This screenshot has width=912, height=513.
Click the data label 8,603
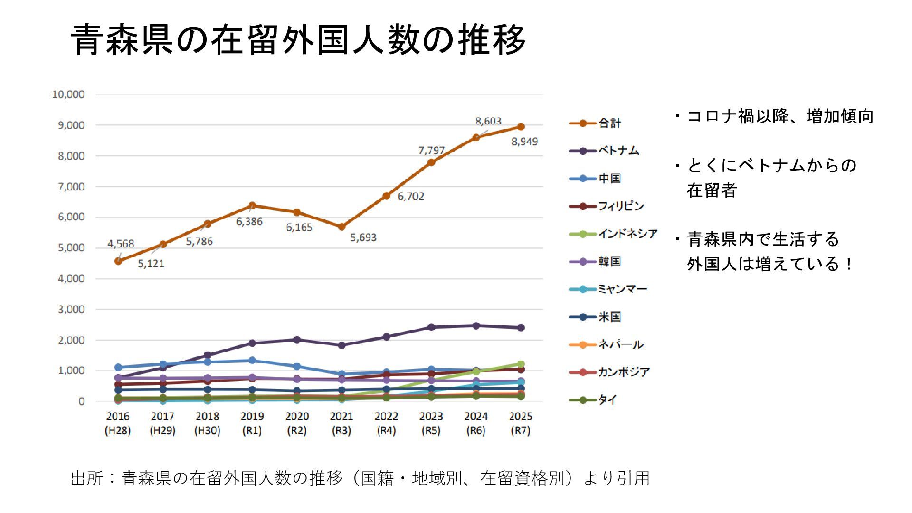pos(488,121)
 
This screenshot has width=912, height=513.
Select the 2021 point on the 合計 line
pos(342,227)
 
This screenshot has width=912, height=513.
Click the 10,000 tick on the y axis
pos(68,95)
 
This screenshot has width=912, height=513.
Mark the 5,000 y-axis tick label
pos(71,248)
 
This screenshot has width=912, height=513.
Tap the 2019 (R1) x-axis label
pos(252,423)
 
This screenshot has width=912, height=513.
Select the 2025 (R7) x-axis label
pos(521,423)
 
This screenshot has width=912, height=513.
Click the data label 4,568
pos(121,244)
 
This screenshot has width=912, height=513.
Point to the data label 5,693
pos(363,237)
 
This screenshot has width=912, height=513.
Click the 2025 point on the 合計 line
pos(521,127)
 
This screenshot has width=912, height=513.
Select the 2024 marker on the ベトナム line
pos(476,325)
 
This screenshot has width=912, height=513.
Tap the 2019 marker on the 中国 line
pos(252,361)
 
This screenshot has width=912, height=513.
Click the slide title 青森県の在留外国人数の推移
pos(298,39)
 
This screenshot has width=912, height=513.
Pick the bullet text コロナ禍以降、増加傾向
pos(779,116)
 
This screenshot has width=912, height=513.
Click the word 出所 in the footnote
pos(87,478)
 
